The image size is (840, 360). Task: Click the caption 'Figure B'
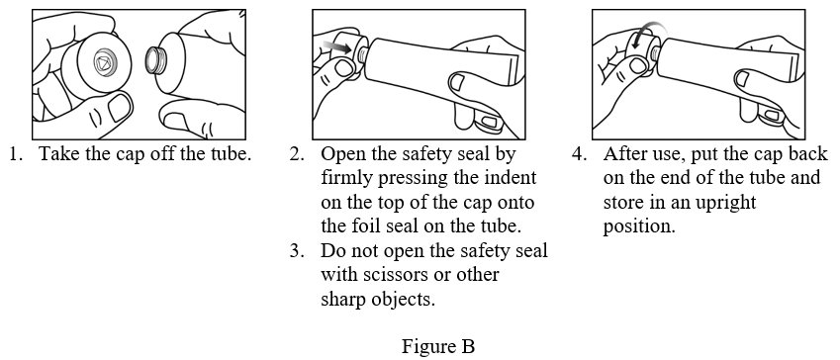[437, 345]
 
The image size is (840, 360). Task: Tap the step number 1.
[15, 154]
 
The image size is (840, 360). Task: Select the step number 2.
[297, 154]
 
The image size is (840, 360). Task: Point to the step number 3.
[297, 251]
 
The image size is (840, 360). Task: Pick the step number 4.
[579, 154]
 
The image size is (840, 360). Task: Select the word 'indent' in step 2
[509, 178]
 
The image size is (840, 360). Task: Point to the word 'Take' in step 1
[56, 154]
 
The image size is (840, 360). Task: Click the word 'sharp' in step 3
[344, 300]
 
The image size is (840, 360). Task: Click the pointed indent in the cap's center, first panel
[101, 62]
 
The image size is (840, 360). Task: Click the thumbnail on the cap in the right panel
[637, 65]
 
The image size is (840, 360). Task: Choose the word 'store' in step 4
[622, 203]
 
